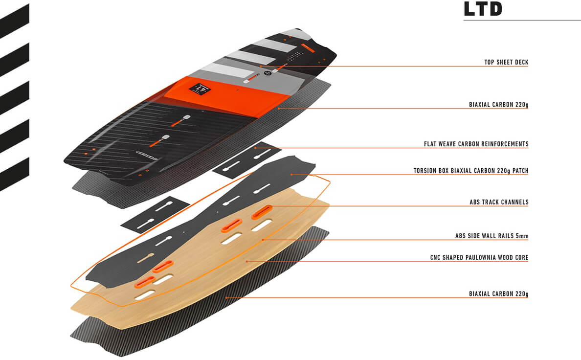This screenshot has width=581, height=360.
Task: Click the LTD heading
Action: point(483,9)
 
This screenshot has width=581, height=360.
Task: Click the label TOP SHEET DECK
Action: point(506,63)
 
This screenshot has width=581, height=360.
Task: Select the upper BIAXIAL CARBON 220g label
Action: point(498,105)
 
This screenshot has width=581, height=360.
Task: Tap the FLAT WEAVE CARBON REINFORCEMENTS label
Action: point(476,144)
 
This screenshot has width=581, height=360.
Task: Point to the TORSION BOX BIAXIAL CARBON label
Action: point(470,171)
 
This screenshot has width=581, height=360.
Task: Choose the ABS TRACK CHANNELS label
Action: point(499,202)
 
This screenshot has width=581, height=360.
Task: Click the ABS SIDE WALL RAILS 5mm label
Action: point(492,236)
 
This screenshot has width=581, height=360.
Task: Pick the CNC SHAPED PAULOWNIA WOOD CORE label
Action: point(479,258)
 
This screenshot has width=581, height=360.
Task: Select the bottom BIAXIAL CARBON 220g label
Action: point(498,294)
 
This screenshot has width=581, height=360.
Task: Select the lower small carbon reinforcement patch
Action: point(155,214)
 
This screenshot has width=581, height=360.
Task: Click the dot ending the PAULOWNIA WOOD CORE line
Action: point(247,262)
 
